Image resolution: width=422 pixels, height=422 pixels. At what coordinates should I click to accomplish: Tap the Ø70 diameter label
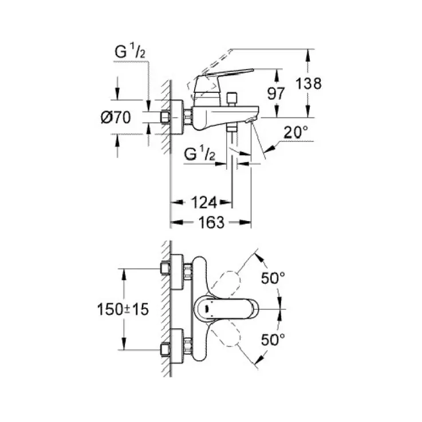coord(116,118)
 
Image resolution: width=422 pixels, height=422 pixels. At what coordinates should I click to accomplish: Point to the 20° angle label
coord(296,132)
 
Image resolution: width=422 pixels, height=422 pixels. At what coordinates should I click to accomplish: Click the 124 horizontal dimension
coord(204,202)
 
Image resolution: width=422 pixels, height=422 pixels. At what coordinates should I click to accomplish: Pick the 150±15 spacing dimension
coord(122,309)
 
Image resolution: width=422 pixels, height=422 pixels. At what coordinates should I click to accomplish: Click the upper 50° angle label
coord(273,279)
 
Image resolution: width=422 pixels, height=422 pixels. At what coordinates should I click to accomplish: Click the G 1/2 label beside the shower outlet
coord(200,153)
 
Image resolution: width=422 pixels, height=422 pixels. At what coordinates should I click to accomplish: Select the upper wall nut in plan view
coord(166,269)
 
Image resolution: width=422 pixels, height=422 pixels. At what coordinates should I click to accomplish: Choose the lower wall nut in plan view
coord(166,348)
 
